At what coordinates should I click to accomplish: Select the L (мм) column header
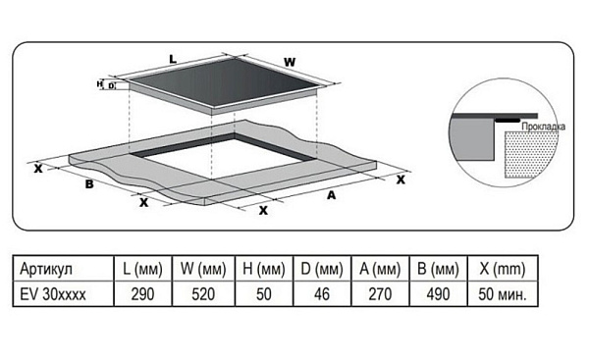142,269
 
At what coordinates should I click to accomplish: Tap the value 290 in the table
142,294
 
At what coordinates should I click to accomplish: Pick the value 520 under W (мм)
203,294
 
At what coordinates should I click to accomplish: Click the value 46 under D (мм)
322,294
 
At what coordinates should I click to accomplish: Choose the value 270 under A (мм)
380,294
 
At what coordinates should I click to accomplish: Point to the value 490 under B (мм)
438,294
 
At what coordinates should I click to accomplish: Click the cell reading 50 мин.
503,294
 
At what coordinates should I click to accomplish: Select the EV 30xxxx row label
53,294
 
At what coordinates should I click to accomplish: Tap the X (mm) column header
503,269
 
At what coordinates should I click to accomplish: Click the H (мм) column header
264,269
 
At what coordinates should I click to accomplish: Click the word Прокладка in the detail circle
543,127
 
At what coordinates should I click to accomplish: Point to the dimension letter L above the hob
173,59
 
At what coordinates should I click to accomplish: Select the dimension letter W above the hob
290,62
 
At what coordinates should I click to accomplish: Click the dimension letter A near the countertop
331,195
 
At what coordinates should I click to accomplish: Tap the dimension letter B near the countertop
89,184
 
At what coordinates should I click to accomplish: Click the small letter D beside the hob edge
111,86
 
